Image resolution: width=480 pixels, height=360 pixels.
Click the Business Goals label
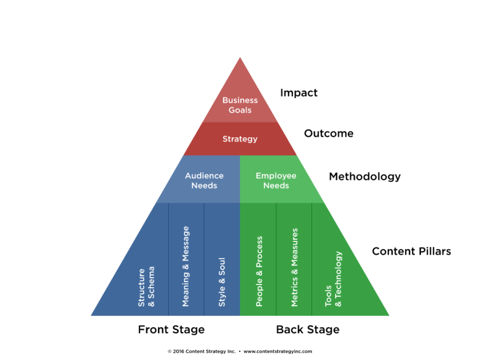[x=240, y=105]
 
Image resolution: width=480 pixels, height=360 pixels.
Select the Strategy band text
[x=240, y=139]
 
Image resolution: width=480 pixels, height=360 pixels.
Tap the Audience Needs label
[x=204, y=180]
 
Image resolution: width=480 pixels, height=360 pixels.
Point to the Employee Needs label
[x=276, y=180]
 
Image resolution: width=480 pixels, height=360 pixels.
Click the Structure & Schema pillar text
[x=146, y=286]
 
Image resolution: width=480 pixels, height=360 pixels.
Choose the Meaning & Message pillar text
[x=185, y=266]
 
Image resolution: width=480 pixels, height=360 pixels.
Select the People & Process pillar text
[x=259, y=271]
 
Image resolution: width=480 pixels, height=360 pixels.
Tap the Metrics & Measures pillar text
[x=295, y=267]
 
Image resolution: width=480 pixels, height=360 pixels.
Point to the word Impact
[x=299, y=93]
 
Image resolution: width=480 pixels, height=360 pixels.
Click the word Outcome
[x=328, y=133]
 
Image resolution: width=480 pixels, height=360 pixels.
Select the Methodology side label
[x=364, y=176]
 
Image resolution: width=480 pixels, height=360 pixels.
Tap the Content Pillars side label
[x=411, y=251]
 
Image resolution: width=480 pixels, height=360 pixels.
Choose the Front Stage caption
[x=171, y=330]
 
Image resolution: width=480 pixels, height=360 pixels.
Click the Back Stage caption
[x=308, y=330]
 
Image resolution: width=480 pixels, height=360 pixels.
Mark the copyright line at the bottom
[x=240, y=351]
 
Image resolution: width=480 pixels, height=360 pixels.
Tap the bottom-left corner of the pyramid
[x=92, y=315]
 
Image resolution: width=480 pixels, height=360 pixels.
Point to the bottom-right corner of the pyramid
[x=388, y=315]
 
